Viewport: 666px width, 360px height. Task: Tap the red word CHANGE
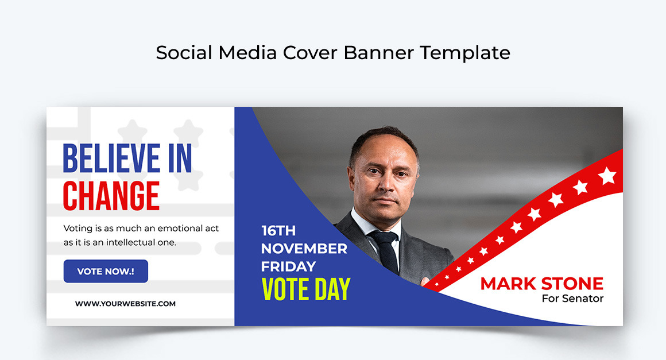(111, 196)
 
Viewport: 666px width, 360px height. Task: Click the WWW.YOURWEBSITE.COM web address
(125, 304)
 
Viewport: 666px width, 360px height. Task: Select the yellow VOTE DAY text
(305, 289)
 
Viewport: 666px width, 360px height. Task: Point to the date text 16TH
(278, 231)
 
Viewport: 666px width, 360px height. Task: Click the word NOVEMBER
(304, 249)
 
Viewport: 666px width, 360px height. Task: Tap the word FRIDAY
(288, 266)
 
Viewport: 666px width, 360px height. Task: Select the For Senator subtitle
(572, 299)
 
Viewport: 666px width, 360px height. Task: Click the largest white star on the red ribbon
(607, 176)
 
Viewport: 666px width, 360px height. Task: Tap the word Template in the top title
(464, 53)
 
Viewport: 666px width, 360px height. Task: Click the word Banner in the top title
(380, 53)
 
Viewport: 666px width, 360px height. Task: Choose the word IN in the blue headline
(180, 158)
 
